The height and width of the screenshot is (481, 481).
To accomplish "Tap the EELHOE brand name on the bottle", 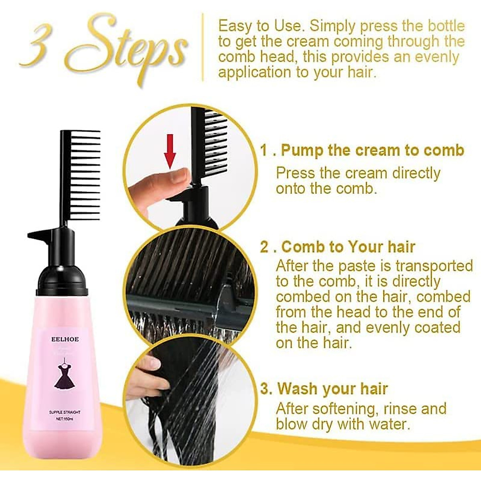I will point(65,339).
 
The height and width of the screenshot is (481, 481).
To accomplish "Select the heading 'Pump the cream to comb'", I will point(372,150).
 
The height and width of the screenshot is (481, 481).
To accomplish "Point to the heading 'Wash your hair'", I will point(333,389).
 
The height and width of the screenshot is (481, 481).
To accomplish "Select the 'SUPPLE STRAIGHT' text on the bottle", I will point(65,412).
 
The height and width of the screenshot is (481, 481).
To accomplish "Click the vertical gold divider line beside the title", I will point(203,47).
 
